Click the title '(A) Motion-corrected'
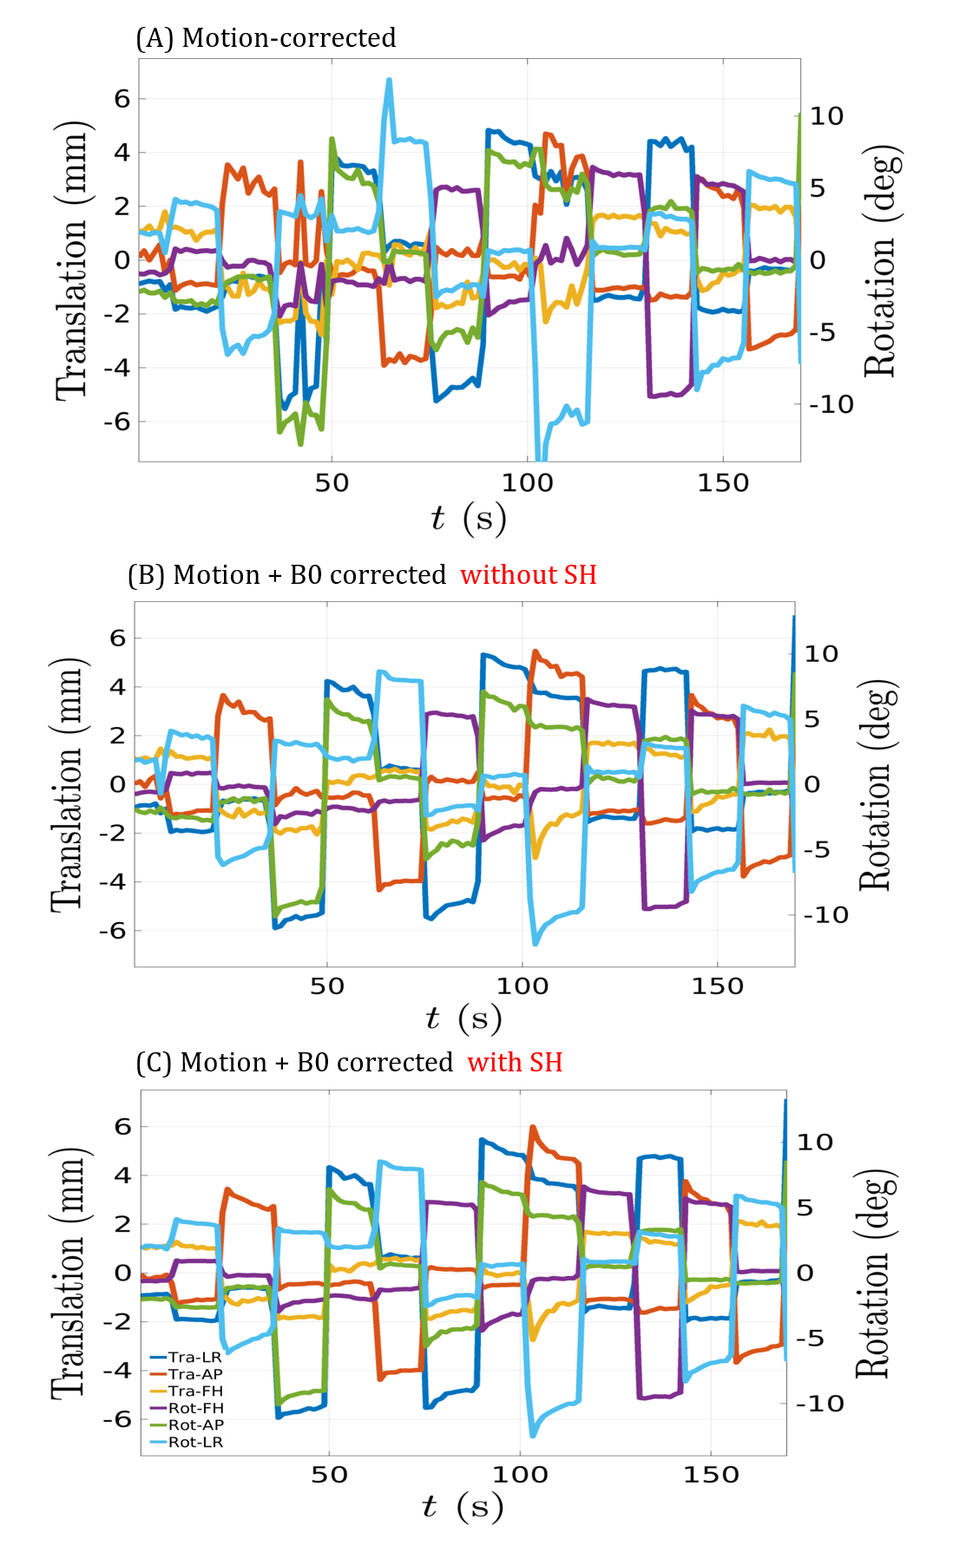(x=266, y=38)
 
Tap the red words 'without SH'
(x=528, y=575)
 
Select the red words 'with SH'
(x=515, y=1063)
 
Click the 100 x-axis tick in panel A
(x=527, y=483)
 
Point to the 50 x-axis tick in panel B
(x=327, y=986)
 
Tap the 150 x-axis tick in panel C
(x=711, y=1475)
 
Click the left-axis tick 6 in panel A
(x=122, y=99)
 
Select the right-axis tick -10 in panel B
(x=825, y=915)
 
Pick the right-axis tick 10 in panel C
(x=815, y=1143)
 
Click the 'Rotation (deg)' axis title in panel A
(x=881, y=260)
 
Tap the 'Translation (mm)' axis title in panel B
(x=68, y=784)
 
